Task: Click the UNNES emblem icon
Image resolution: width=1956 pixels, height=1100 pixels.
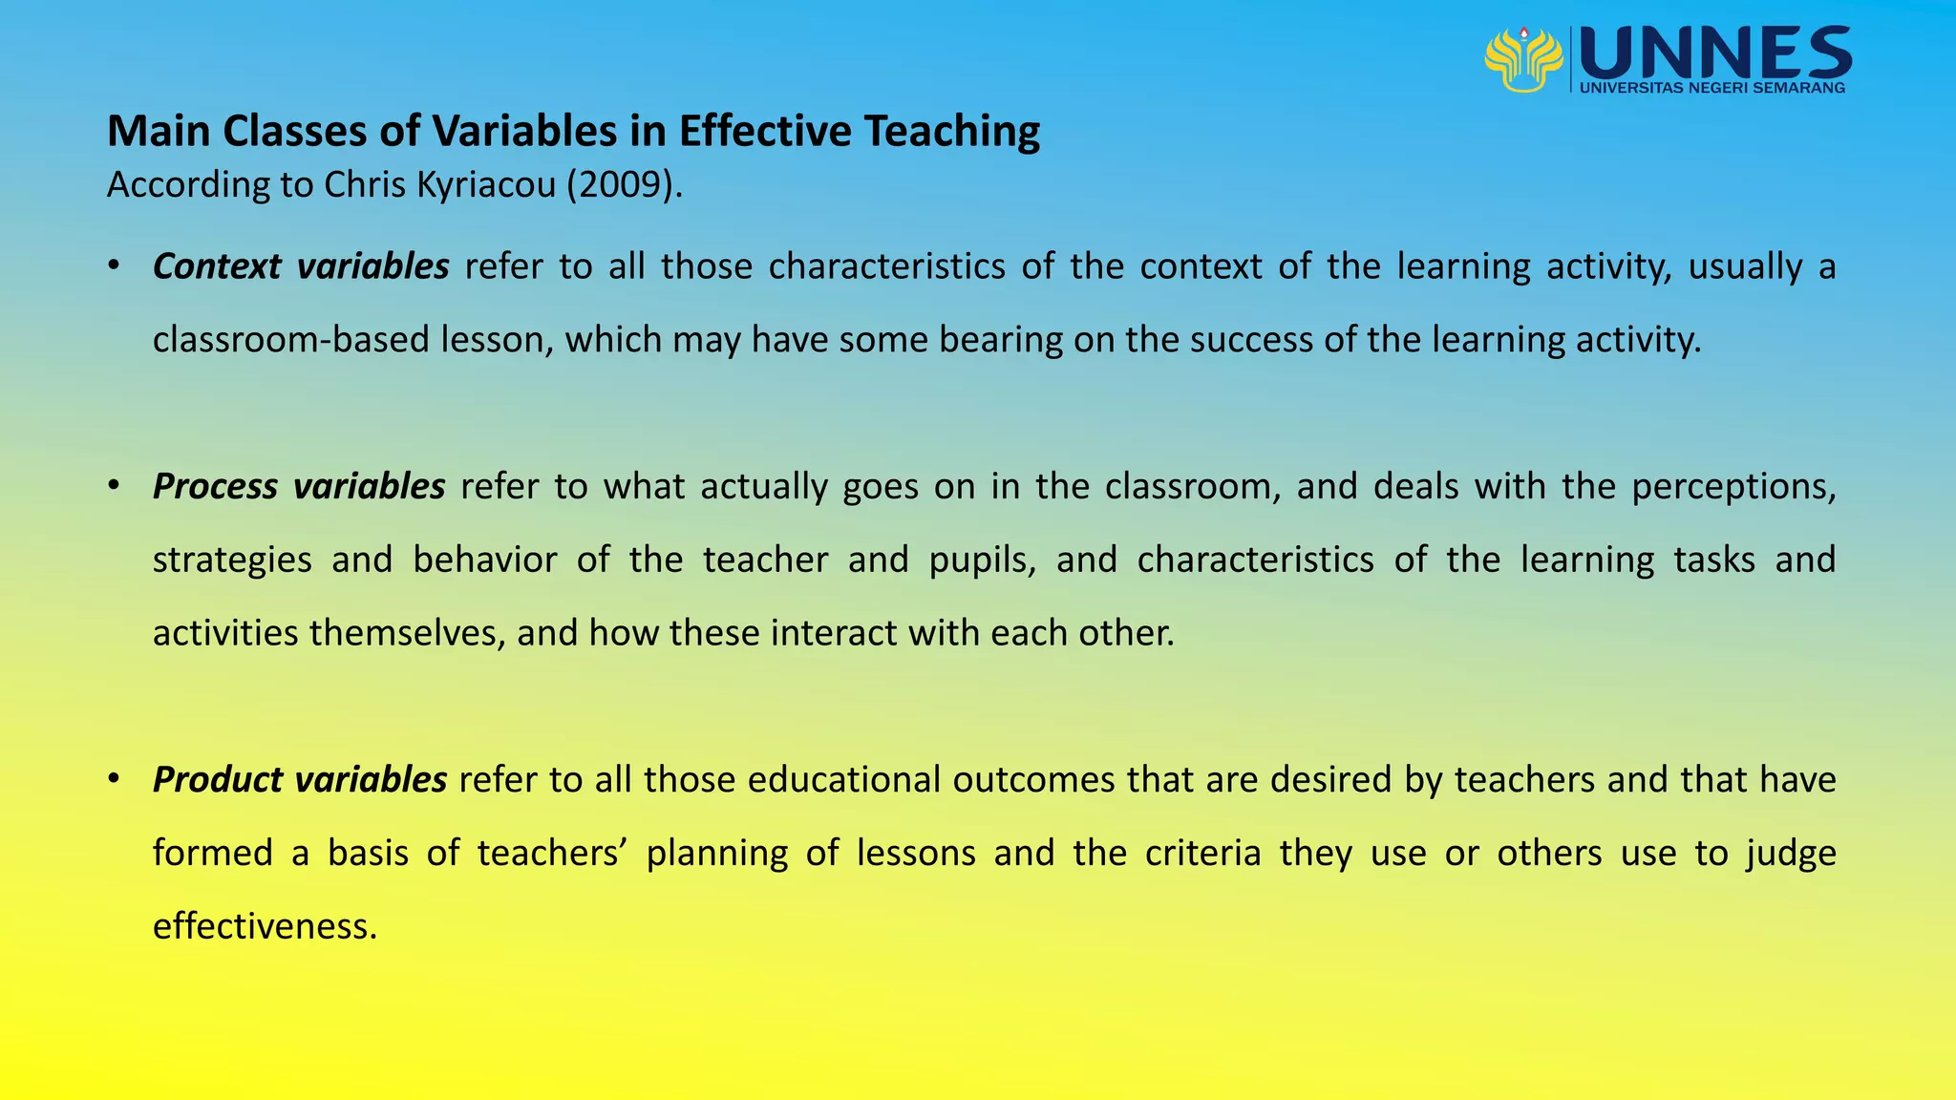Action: click(1523, 59)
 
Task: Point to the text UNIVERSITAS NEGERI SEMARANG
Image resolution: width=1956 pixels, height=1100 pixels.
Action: click(1712, 88)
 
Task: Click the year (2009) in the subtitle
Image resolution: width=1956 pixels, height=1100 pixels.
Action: click(625, 184)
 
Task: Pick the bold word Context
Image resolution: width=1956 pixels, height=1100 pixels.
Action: click(217, 266)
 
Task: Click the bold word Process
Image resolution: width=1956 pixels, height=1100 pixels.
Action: click(215, 487)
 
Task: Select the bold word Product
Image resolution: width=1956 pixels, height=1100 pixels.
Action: click(216, 780)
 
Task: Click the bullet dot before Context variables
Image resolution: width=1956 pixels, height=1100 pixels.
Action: click(114, 264)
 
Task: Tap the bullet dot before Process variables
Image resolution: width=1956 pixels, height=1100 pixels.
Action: click(114, 485)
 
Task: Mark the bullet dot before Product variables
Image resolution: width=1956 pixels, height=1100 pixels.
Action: click(114, 778)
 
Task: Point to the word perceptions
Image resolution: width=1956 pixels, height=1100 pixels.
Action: click(1733, 487)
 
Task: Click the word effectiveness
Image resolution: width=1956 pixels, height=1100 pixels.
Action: click(265, 926)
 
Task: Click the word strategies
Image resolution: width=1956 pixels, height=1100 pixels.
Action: click(232, 560)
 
